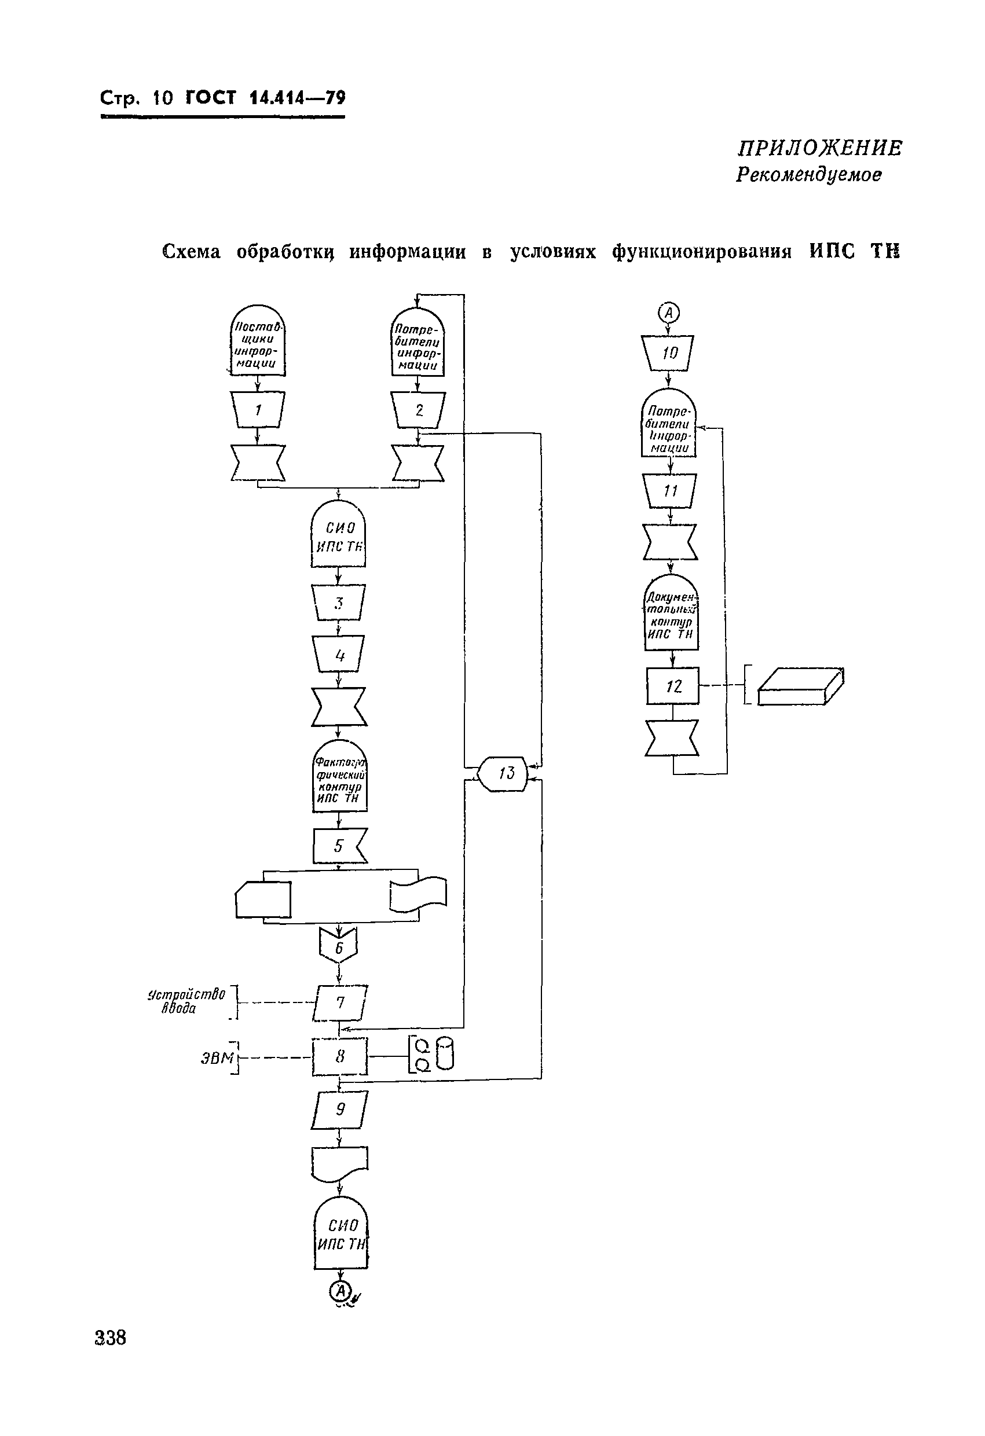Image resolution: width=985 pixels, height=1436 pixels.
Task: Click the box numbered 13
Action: point(503,773)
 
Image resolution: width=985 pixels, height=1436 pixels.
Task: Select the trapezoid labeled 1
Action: point(258,409)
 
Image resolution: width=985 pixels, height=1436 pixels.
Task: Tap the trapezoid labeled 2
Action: point(419,410)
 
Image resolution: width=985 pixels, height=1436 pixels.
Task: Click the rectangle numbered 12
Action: point(673,686)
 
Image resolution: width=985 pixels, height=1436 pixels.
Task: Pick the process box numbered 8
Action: point(339,1057)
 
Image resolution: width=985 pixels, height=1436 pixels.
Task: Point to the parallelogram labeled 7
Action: point(340,1002)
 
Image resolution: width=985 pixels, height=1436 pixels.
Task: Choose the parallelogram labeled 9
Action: point(339,1110)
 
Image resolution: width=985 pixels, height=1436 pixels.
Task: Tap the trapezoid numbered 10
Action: point(668,353)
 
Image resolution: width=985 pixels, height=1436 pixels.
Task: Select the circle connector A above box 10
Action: point(668,313)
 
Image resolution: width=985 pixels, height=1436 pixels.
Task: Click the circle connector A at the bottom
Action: point(340,1290)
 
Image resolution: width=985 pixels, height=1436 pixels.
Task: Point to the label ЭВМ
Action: point(217,1058)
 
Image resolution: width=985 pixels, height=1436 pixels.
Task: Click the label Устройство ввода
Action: point(186,1001)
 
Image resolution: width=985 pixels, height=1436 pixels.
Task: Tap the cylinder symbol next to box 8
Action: point(445,1053)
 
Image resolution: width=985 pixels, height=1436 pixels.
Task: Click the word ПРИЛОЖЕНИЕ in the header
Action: point(820,148)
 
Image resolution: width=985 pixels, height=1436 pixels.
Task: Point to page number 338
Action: point(111,1338)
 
